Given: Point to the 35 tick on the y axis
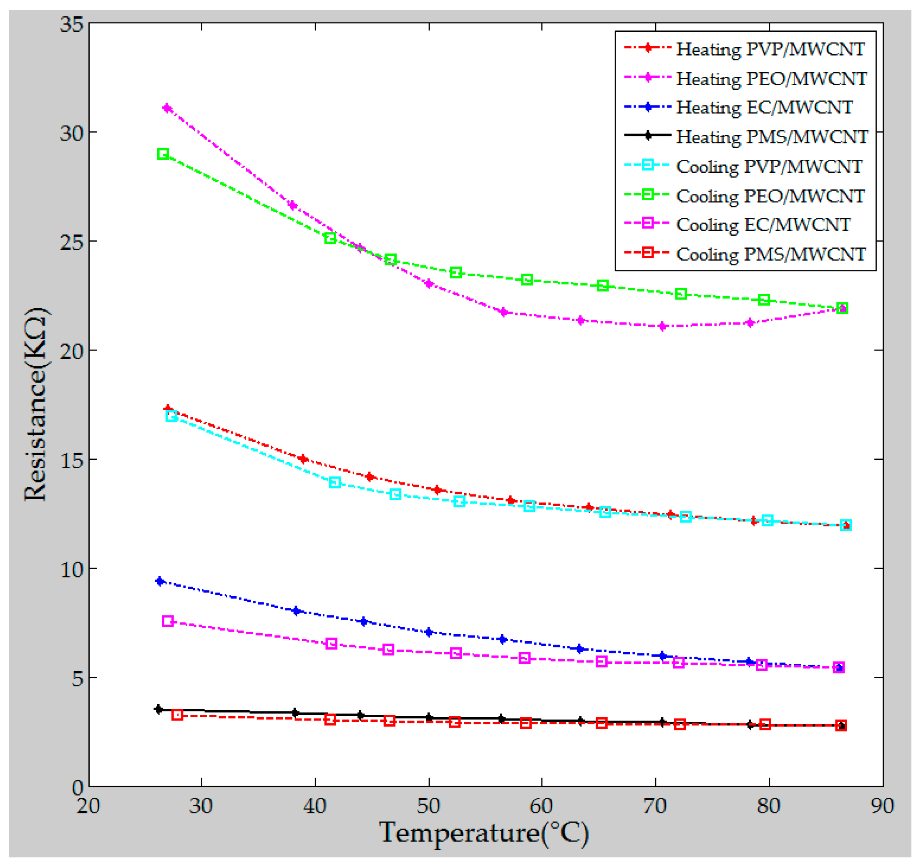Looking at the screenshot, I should (x=72, y=24).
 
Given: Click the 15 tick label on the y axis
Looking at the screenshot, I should (x=72, y=460).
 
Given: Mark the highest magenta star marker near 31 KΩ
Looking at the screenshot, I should (x=167, y=108).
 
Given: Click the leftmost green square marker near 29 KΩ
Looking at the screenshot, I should (x=163, y=154).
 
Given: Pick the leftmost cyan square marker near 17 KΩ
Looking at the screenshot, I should (x=171, y=416).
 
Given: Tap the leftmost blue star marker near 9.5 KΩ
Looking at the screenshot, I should (x=160, y=581).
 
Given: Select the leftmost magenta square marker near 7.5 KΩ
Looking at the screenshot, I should (x=168, y=621).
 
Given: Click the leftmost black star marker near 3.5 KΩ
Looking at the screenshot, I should (x=159, y=709).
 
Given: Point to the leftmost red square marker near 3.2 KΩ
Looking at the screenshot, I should (x=177, y=715).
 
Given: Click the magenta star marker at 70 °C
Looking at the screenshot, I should (x=662, y=326).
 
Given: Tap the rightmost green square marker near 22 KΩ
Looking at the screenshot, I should (x=842, y=308).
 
